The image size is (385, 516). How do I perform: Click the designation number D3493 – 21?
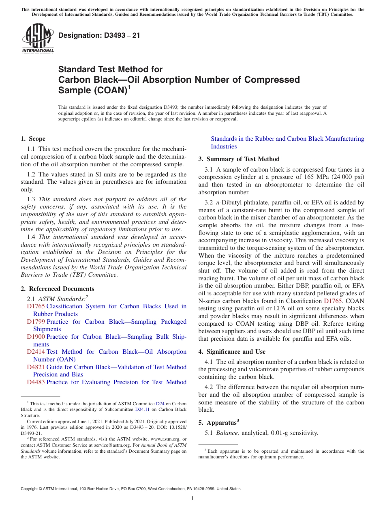(x=99, y=35)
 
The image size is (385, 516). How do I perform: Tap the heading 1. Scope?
(x=33, y=139)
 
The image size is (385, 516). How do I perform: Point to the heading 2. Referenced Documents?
(x=58, y=289)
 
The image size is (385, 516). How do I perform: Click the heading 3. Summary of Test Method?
(x=239, y=159)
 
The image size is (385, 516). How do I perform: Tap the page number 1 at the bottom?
(x=192, y=498)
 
